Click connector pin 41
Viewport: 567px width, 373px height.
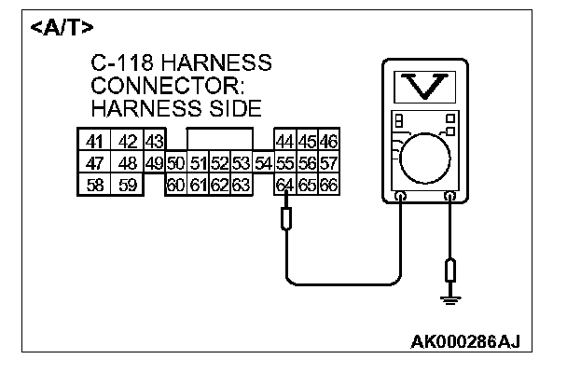pyautogui.click(x=94, y=142)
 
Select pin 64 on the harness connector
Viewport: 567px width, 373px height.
pyautogui.click(x=284, y=185)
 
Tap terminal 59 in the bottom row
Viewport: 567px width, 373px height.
pyautogui.click(x=127, y=185)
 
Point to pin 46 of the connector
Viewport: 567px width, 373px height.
pyautogui.click(x=327, y=142)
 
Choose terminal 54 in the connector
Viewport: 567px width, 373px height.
pyautogui.click(x=262, y=163)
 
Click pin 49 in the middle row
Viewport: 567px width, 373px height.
pyautogui.click(x=155, y=163)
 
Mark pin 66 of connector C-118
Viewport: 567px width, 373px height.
pyautogui.click(x=327, y=185)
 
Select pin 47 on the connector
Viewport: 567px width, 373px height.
pyautogui.click(x=94, y=163)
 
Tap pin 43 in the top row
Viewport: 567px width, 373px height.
pyautogui.click(x=155, y=142)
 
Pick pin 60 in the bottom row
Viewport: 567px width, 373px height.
pyautogui.click(x=175, y=185)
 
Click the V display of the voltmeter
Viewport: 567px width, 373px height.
pyautogui.click(x=425, y=88)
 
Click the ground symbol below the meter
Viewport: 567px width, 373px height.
pyautogui.click(x=451, y=299)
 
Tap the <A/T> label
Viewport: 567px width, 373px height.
pyautogui.click(x=62, y=27)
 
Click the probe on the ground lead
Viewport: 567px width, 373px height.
pyautogui.click(x=451, y=272)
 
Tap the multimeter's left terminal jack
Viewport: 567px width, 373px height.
pyautogui.click(x=400, y=197)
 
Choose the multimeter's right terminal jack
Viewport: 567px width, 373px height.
pyautogui.click(x=449, y=197)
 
